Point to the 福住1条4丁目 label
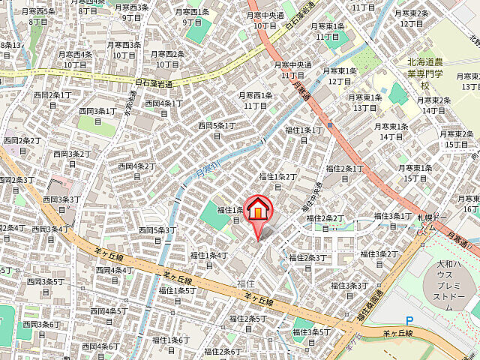coord(209,259)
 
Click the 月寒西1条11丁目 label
coord(255,100)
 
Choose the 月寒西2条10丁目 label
coord(167,58)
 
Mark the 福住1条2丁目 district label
coord(277,181)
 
